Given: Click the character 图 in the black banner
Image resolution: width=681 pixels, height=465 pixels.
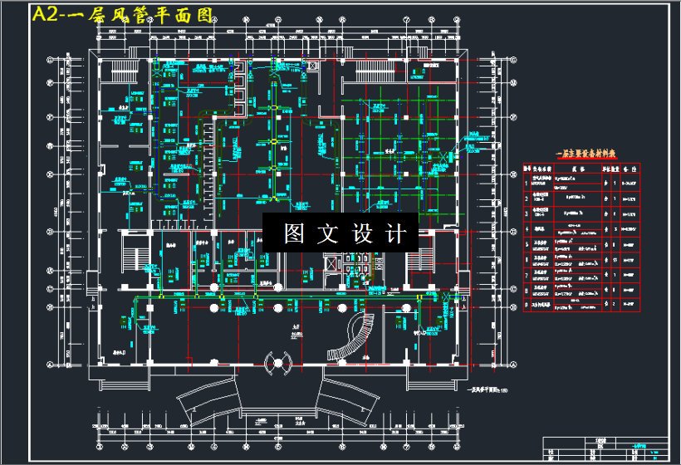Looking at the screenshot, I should pyautogui.click(x=294, y=233).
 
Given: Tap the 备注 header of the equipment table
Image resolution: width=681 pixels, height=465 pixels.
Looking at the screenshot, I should pyautogui.click(x=630, y=168).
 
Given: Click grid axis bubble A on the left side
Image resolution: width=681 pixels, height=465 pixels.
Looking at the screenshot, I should pyautogui.click(x=50, y=365).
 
